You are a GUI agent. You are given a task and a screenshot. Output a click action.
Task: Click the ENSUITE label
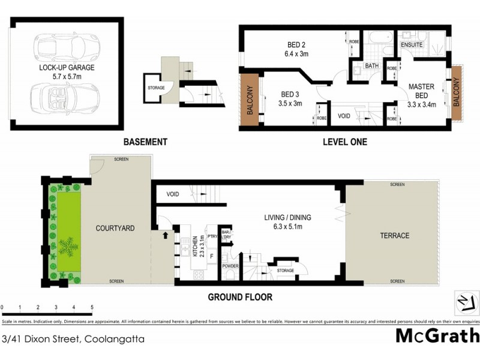coord(412,45)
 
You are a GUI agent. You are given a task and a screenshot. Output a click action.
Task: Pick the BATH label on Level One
coord(371,66)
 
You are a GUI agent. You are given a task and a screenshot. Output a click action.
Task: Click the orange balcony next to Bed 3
coord(250,100)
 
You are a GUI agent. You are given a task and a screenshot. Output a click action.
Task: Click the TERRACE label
coord(395,236)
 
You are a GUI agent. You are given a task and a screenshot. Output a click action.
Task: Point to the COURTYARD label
coord(115,229)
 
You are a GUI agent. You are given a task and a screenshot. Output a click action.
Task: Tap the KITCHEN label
coord(195,247)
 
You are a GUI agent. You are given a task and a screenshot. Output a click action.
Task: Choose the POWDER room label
coord(230,265)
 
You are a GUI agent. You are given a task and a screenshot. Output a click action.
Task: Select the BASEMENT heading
coord(145,142)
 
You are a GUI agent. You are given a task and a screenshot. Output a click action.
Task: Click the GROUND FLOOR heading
coord(240,297)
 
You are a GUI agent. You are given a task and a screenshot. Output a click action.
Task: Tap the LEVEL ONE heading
coord(344,142)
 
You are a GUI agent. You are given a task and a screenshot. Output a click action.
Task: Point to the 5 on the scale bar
coord(92,307)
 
